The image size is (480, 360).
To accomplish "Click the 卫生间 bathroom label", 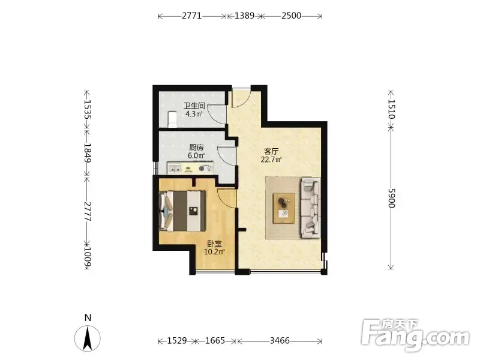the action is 194,106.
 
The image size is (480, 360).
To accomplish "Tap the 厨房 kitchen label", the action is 196,148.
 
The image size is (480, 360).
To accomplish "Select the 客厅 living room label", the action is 271,151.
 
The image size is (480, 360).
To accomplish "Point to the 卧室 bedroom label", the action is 214,244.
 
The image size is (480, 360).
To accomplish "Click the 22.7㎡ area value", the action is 271,160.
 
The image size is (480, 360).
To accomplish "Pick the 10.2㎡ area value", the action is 214,252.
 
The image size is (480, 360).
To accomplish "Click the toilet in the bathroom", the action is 172,119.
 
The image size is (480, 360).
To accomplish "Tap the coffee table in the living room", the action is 284,208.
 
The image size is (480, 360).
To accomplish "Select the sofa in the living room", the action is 311,208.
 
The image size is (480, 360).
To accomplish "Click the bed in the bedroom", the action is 183,211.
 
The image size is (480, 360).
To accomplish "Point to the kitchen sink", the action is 175,169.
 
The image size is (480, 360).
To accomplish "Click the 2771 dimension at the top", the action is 192,16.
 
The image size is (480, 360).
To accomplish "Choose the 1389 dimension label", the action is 244,16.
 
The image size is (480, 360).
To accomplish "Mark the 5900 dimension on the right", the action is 392,198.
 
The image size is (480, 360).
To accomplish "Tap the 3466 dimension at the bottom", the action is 280,340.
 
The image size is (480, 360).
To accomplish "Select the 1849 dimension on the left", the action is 87,152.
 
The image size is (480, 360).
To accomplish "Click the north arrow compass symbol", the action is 88,338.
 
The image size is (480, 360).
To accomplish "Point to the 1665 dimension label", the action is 215,340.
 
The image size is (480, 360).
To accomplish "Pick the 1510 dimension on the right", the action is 392,109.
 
